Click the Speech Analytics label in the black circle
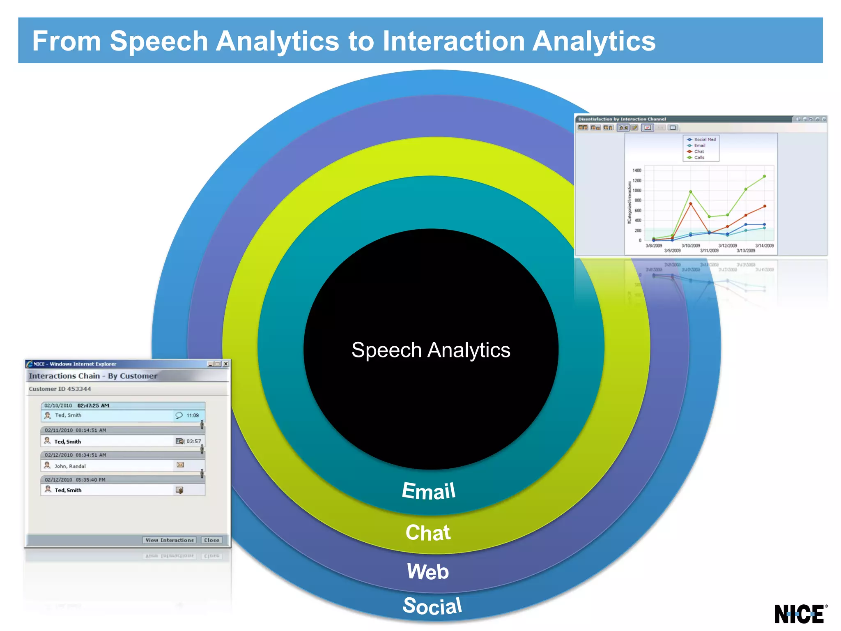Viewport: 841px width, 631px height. point(431,350)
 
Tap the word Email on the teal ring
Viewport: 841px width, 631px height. point(429,491)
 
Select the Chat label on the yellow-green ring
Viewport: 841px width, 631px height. point(428,533)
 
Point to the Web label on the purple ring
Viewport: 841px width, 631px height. point(428,571)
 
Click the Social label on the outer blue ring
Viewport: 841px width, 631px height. point(432,606)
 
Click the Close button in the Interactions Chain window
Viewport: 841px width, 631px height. point(211,540)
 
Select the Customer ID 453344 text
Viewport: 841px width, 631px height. point(60,389)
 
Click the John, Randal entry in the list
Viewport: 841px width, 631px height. point(70,466)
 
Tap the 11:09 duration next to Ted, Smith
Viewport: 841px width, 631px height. point(192,415)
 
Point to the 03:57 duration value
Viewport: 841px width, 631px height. point(193,441)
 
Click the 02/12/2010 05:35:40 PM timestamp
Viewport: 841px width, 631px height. point(75,479)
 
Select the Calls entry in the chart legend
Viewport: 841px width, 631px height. point(699,157)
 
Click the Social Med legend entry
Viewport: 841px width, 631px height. point(704,139)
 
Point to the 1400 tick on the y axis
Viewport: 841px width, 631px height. point(636,170)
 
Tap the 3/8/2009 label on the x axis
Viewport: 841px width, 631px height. point(654,246)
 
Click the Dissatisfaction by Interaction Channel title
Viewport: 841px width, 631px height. point(622,119)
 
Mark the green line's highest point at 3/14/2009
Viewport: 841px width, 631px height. point(764,176)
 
